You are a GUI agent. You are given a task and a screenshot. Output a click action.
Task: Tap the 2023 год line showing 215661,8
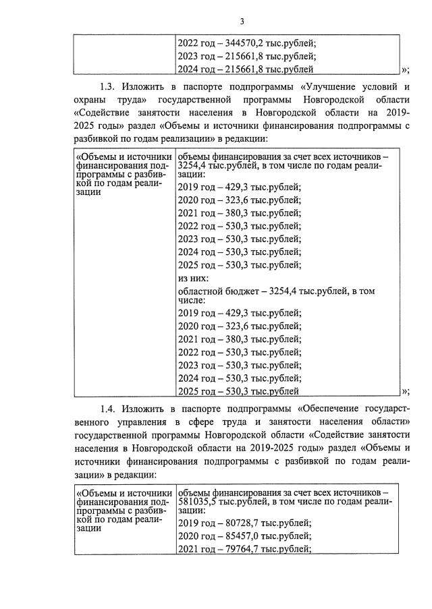click(x=246, y=57)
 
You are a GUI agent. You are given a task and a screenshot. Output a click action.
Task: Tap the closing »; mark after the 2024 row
click(x=405, y=69)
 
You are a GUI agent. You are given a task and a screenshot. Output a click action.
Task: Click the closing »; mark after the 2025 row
click(x=405, y=390)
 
